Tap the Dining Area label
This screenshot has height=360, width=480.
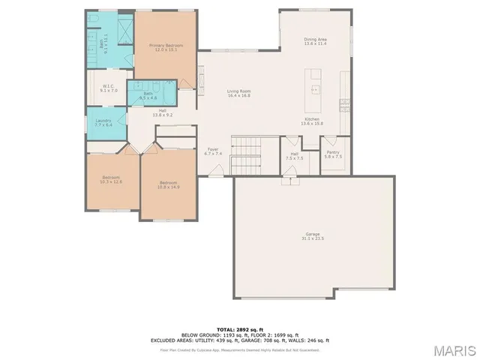pyautogui.click(x=315, y=39)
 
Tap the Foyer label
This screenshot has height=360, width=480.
pyautogui.click(x=212, y=149)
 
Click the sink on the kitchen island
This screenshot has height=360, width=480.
pyautogui.click(x=315, y=88)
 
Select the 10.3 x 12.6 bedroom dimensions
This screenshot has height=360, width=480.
pyautogui.click(x=111, y=181)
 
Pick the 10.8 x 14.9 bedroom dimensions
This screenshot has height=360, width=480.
pyautogui.click(x=169, y=187)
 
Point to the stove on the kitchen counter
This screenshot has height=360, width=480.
pyautogui.click(x=344, y=102)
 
